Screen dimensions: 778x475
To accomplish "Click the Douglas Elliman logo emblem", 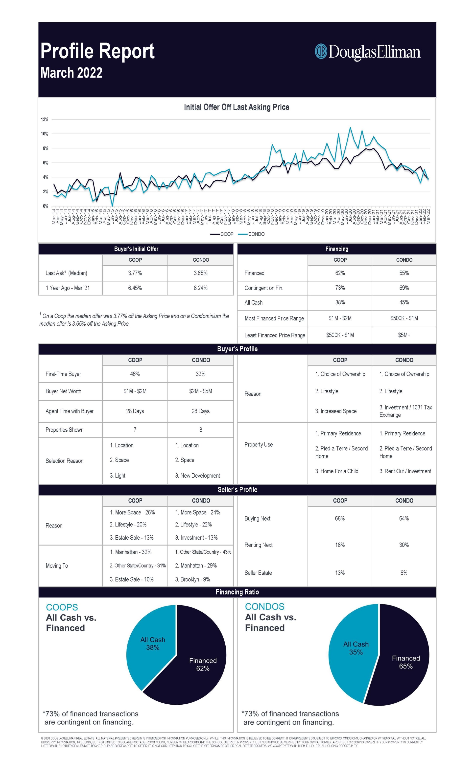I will [321, 51].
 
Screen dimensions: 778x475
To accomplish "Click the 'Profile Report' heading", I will [97, 51].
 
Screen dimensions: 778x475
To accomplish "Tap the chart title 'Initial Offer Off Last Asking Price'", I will [237, 107].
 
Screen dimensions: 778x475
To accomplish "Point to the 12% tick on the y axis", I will [45, 119].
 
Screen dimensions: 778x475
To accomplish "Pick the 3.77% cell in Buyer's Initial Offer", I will [135, 273].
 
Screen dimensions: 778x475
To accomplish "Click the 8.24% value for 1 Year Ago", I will [200, 288].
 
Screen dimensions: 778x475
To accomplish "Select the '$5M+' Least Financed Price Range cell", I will [404, 335].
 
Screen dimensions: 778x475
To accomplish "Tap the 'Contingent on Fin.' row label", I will [264, 288].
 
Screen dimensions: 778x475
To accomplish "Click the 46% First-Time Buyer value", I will [135, 374].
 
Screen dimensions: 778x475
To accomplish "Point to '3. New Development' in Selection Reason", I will [198, 476].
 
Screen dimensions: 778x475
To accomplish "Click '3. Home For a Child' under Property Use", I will [337, 471].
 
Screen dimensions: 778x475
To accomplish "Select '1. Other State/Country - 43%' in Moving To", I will [203, 552].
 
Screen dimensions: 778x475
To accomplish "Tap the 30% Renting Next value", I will [404, 545].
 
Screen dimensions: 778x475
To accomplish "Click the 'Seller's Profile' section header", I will [237, 490].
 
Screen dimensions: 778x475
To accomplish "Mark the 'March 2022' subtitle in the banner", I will [71, 73].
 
